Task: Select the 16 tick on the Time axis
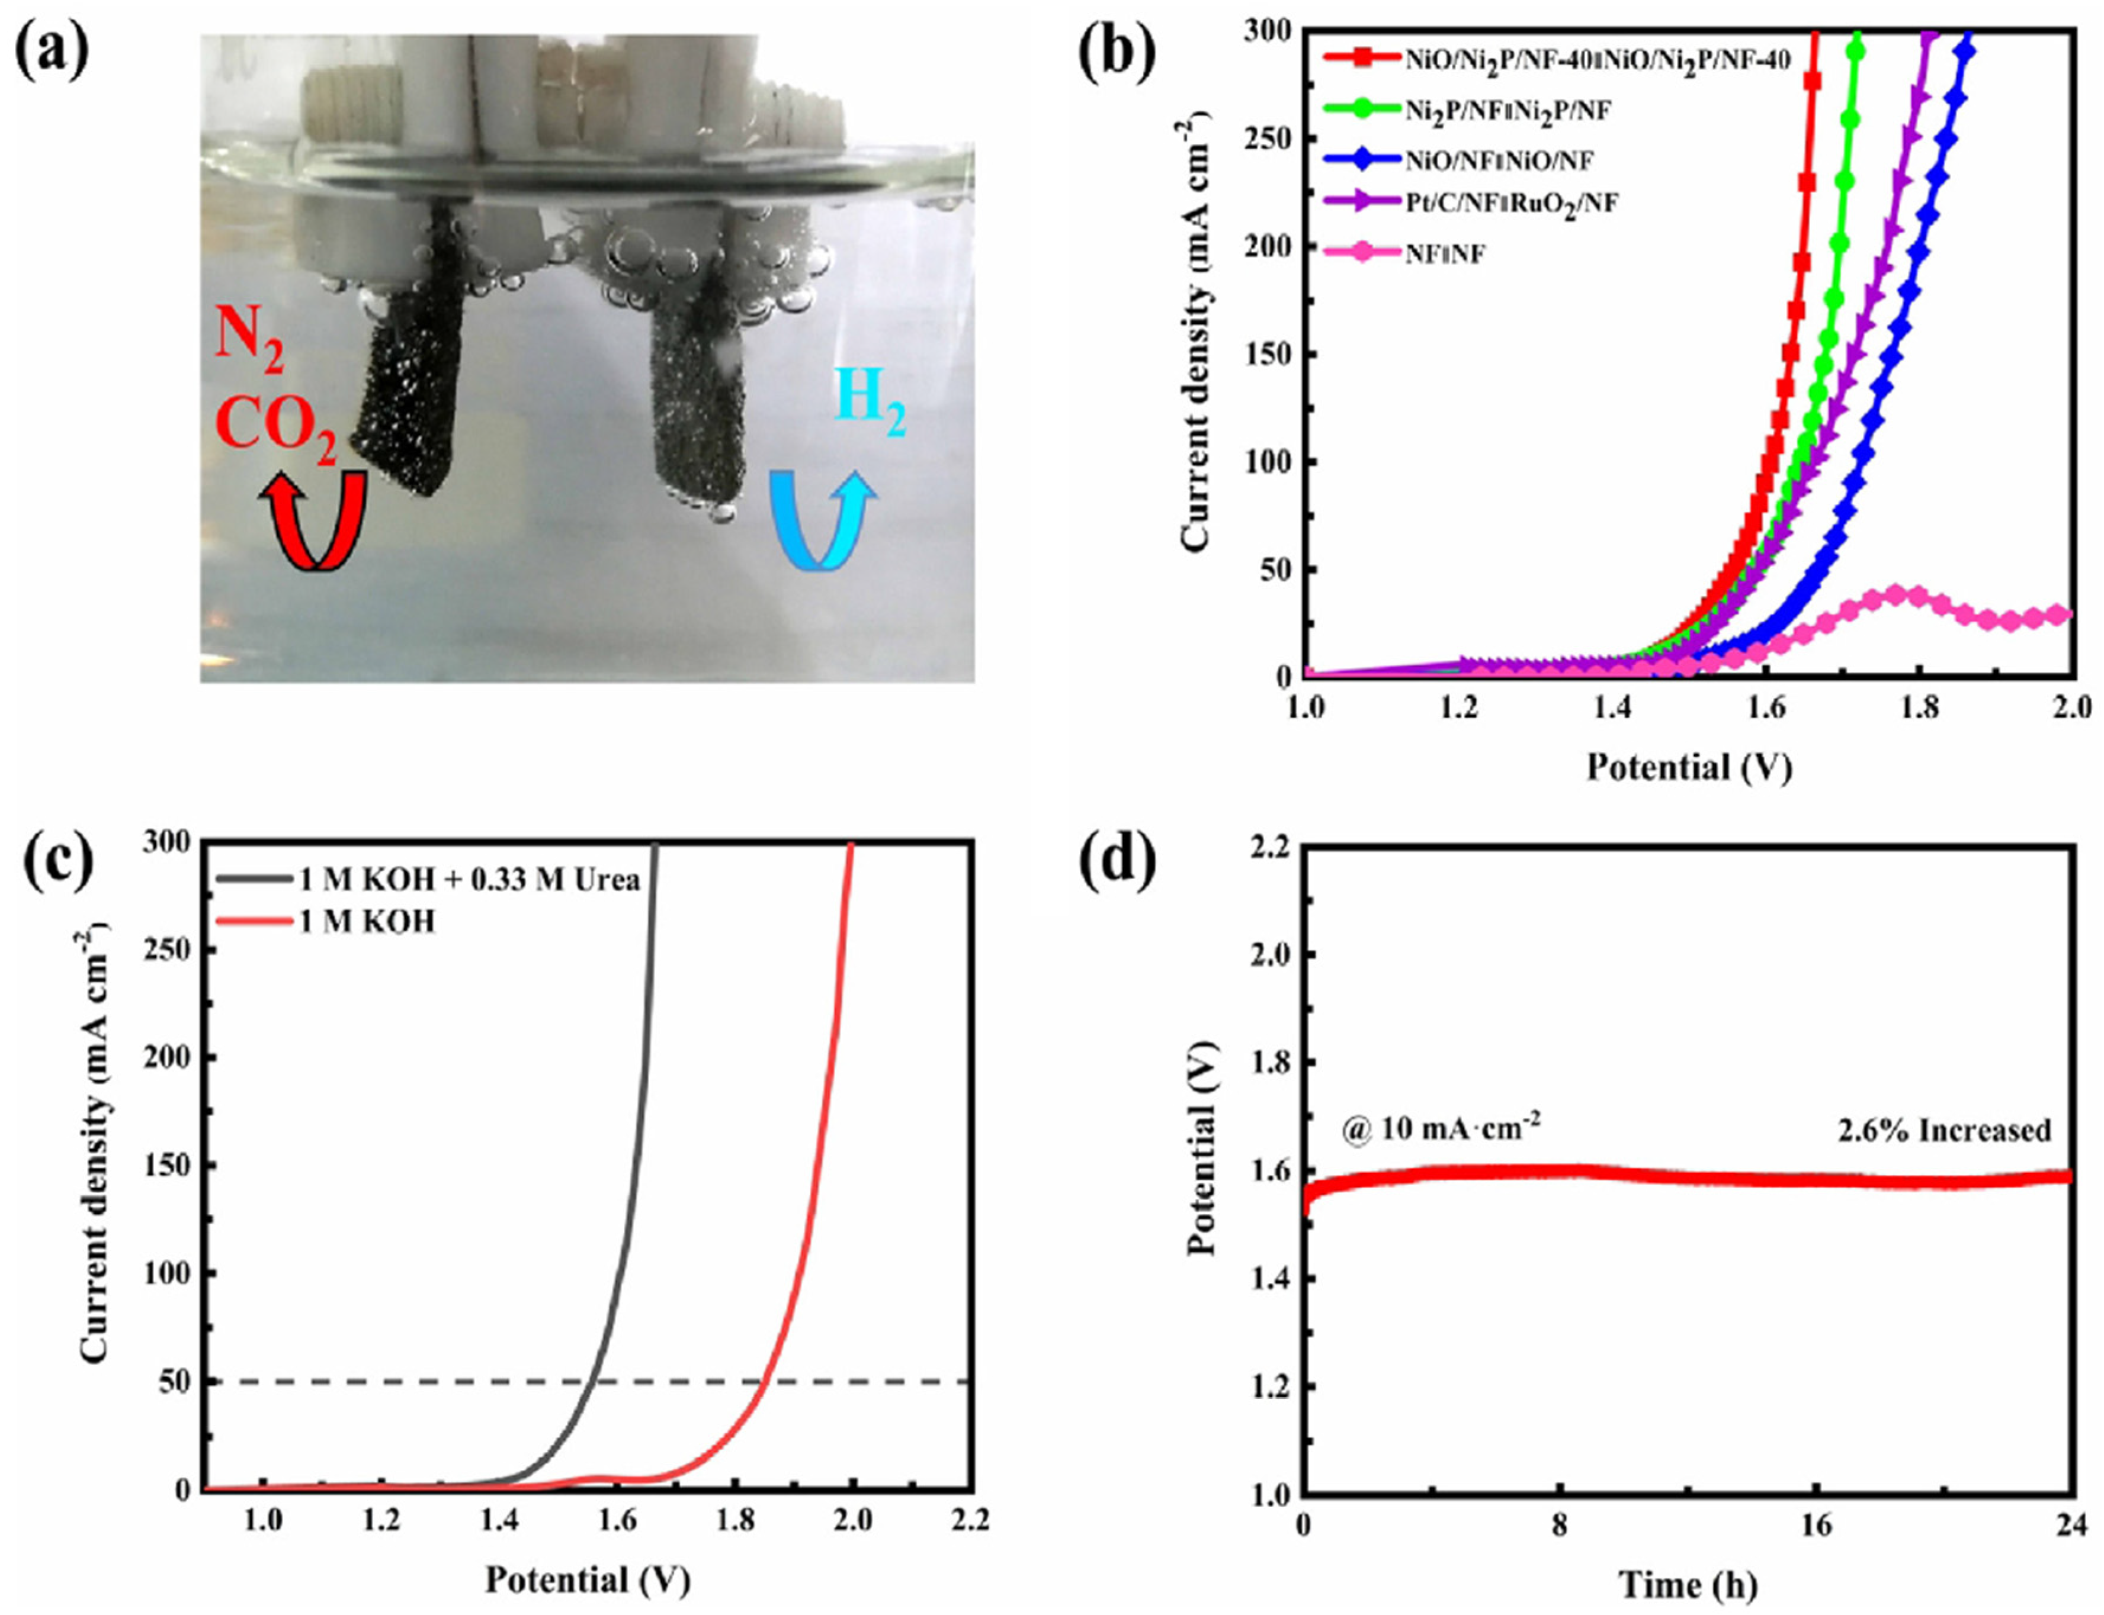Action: tap(1814, 1524)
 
